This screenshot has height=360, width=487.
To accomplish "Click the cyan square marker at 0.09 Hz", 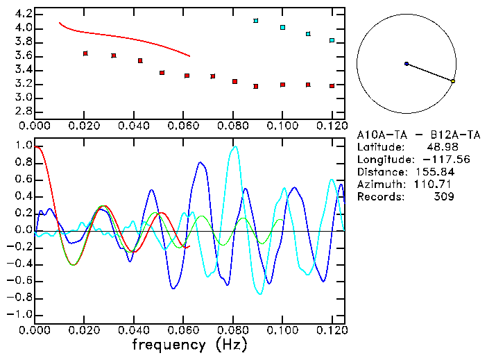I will (x=256, y=21).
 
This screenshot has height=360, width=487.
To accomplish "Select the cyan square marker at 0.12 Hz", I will (x=332, y=40).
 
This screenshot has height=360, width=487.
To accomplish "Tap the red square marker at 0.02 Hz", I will (x=85, y=53).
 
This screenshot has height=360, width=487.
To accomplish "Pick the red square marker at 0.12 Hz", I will (x=332, y=86).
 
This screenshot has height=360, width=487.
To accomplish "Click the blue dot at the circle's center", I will (x=407, y=64).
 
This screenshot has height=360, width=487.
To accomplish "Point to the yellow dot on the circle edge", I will (x=453, y=81).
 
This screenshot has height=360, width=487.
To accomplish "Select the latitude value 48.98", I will (x=440, y=147).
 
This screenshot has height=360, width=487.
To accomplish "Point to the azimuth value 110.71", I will (x=434, y=185).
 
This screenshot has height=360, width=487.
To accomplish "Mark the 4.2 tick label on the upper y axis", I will (x=22, y=14).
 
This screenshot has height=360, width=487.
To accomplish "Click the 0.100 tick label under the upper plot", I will (x=282, y=126).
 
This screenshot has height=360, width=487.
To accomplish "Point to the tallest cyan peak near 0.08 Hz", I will (x=235, y=147).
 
